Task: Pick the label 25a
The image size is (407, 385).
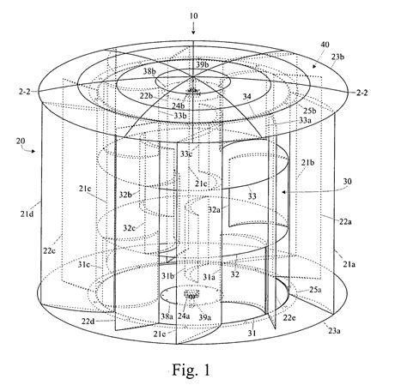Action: pyautogui.click(x=316, y=290)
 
